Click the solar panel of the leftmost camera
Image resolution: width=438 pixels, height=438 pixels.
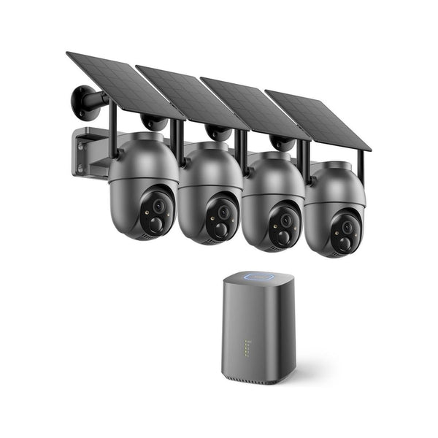[124, 84]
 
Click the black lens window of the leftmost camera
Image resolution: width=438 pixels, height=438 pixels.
[156, 212]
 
